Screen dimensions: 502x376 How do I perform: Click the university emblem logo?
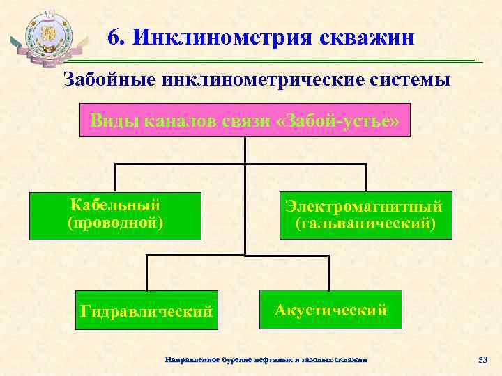(x=47, y=38)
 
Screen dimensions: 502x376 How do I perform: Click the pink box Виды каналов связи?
(x=245, y=122)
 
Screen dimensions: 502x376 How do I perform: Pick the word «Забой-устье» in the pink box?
(x=337, y=122)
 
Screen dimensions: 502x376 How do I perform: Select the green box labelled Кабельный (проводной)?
(x=115, y=214)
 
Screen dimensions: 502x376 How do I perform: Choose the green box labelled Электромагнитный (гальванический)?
(x=365, y=215)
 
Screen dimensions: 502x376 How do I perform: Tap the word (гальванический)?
(x=365, y=224)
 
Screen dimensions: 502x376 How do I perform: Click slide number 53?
(x=482, y=359)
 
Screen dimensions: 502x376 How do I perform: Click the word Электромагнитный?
(x=363, y=207)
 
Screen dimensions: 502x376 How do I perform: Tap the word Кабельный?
(x=116, y=205)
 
